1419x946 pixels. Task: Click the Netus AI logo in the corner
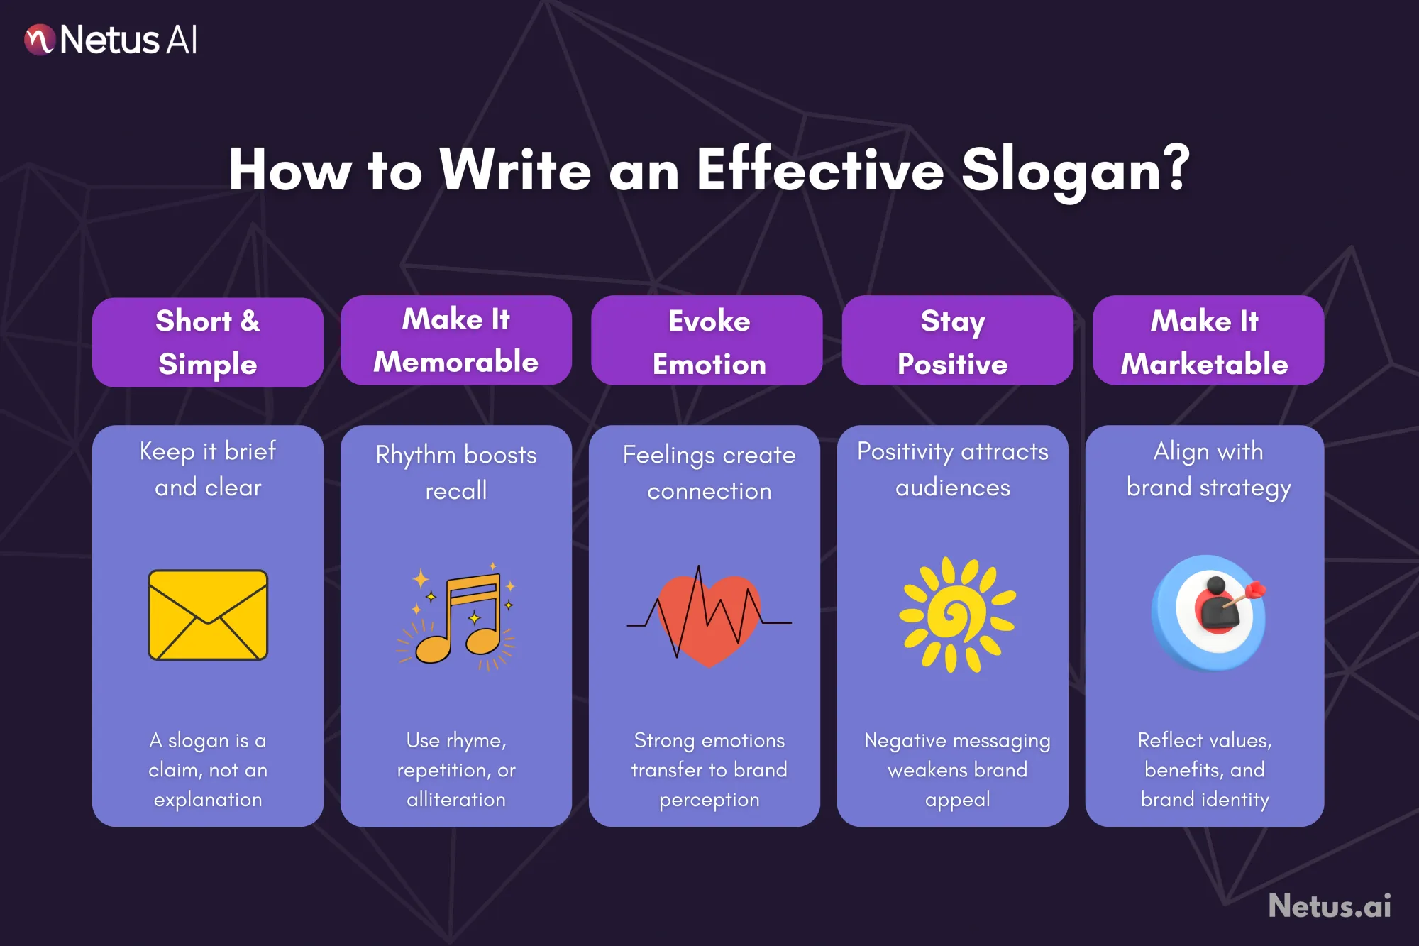(111, 40)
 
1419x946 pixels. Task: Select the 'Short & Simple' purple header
(208, 342)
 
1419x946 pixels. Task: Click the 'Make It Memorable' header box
(456, 341)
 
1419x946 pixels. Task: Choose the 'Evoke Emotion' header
(707, 341)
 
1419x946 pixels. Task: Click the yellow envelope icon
(208, 615)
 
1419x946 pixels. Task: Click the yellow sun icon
(957, 615)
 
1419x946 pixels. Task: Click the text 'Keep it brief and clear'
(208, 469)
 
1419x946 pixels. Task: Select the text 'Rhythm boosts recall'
(456, 472)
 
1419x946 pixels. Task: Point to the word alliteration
(456, 800)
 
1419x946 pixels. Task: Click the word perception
(709, 800)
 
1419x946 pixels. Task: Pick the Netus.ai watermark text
(1330, 906)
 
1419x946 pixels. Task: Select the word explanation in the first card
(208, 800)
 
